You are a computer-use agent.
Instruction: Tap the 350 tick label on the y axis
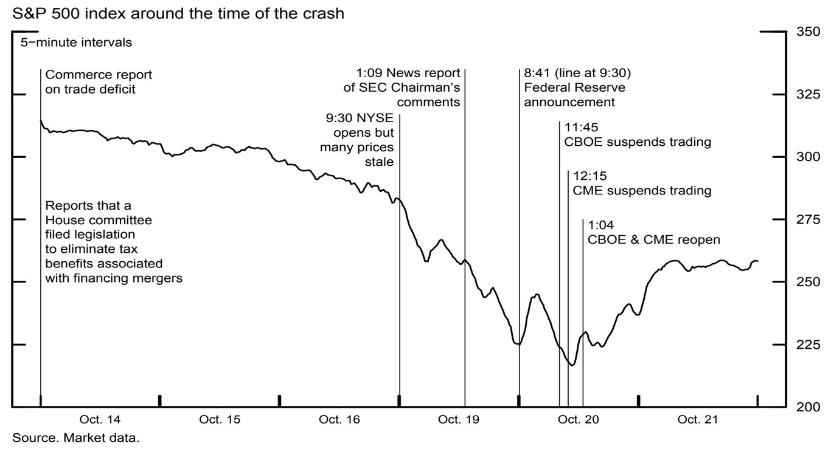[808, 32]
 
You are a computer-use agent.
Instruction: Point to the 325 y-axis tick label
[808, 94]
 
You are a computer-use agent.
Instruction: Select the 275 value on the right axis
[808, 219]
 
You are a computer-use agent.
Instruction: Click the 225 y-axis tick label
[808, 344]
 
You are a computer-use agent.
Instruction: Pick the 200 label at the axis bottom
[808, 407]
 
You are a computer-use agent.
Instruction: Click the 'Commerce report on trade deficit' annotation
[99, 82]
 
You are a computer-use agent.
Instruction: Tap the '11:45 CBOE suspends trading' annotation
[637, 135]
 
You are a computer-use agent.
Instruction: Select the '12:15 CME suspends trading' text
[642, 183]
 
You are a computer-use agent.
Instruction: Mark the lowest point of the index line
[571, 365]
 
